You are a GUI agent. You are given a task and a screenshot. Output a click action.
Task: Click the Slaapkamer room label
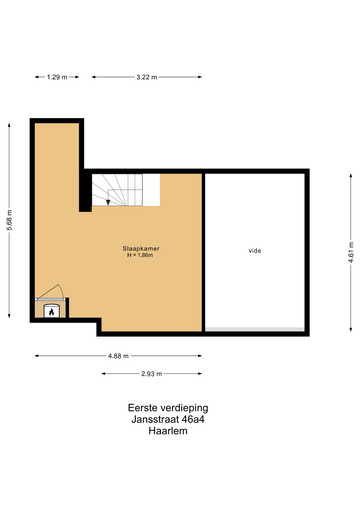[141, 249]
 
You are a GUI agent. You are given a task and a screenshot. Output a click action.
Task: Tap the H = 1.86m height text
[140, 255]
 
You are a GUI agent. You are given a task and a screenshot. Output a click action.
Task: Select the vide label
[255, 251]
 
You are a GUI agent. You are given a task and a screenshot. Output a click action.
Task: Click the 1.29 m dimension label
[57, 77]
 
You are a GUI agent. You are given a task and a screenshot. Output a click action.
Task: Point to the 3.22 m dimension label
[147, 77]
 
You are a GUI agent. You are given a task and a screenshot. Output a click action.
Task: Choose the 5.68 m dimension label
[9, 220]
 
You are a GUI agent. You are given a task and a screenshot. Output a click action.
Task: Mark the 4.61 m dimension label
[351, 252]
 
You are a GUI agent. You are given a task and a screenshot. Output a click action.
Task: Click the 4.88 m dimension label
[118, 356]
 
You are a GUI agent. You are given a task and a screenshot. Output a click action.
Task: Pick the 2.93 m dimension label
[151, 374]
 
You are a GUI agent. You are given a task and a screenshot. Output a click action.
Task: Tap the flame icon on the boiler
[51, 312]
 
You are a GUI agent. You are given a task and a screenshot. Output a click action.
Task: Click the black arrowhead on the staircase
[108, 203]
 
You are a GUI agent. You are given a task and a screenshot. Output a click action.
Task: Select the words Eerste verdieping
[168, 408]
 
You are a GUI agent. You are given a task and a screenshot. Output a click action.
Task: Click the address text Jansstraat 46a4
[168, 419]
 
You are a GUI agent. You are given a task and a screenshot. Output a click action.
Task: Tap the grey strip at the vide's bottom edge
[255, 329]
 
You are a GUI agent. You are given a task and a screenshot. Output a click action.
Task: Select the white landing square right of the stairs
[151, 190]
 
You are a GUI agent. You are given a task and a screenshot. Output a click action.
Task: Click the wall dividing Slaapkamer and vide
[204, 252]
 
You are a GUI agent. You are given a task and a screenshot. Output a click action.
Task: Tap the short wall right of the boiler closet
[67, 308]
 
